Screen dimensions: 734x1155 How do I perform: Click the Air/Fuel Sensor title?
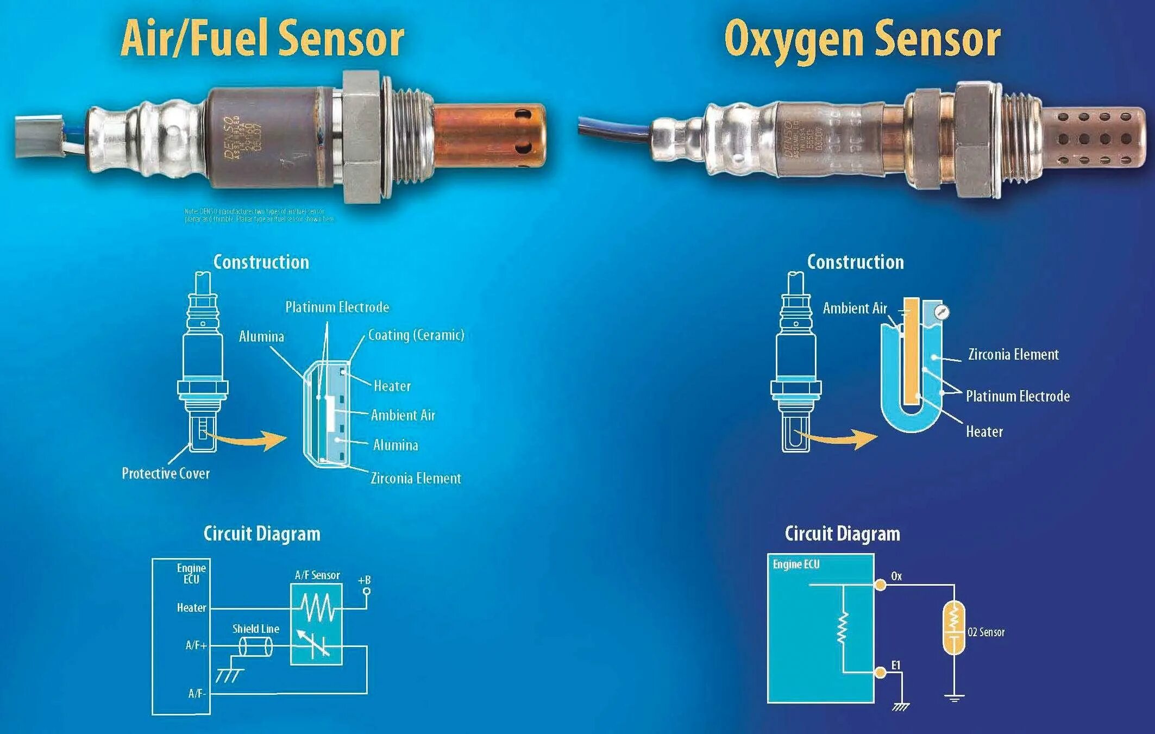click(x=262, y=38)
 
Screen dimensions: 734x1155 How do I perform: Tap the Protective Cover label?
click(x=166, y=473)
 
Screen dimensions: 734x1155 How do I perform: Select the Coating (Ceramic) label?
click(x=416, y=335)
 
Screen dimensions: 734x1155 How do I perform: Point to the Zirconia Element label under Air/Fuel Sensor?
click(x=416, y=478)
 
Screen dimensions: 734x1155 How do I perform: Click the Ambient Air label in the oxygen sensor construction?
click(x=855, y=308)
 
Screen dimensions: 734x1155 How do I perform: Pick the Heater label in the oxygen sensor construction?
click(x=984, y=431)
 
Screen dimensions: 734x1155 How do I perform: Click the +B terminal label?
click(x=364, y=580)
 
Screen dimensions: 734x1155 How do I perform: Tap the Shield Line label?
click(x=256, y=629)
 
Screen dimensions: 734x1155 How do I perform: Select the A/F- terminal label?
click(x=197, y=694)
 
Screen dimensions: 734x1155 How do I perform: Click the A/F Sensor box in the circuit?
click(x=317, y=624)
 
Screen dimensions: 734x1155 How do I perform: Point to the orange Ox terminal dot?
click(x=880, y=585)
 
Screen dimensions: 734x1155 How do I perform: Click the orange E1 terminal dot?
click(x=881, y=673)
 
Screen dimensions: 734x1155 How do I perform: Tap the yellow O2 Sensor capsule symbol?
click(x=954, y=628)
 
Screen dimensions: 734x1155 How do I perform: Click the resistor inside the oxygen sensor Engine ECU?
click(x=843, y=628)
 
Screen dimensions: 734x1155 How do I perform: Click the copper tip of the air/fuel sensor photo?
click(x=489, y=136)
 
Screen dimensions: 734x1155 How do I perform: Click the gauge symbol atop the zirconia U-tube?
click(x=941, y=312)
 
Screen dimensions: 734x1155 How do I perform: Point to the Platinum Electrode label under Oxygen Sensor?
click(x=1018, y=396)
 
